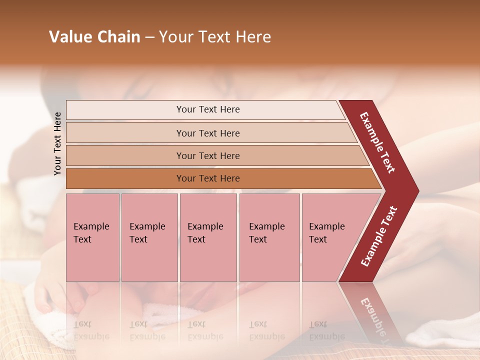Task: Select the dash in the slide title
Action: tap(149, 37)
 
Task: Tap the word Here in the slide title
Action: tap(253, 37)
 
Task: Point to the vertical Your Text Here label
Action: tap(57, 143)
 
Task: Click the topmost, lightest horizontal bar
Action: tap(207, 109)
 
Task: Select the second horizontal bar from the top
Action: tap(207, 133)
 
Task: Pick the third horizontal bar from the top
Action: tap(207, 155)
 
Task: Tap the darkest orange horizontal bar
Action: tap(207, 178)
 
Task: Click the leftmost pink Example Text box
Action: tap(92, 237)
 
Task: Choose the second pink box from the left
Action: tap(149, 237)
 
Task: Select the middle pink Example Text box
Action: tap(208, 237)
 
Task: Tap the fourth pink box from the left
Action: tap(269, 237)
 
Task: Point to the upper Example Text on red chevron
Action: tap(378, 142)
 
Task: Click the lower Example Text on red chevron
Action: tap(378, 236)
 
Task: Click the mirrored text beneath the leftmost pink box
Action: tap(91, 330)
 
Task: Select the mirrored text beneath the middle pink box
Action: tap(205, 330)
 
